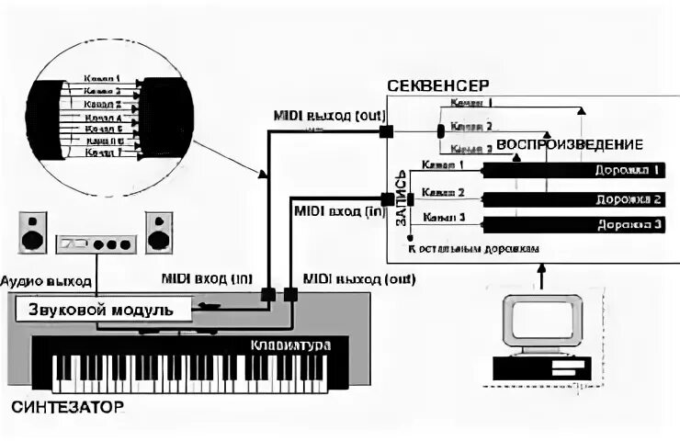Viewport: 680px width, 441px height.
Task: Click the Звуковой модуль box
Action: (102, 310)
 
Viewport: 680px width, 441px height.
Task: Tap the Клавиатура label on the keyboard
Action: (289, 345)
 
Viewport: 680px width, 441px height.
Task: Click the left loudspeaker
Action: (34, 232)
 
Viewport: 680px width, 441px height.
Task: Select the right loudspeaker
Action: (158, 232)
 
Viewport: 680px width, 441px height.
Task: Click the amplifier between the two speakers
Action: (96, 244)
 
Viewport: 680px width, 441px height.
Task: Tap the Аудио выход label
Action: (46, 279)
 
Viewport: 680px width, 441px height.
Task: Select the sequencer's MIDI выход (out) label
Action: (330, 115)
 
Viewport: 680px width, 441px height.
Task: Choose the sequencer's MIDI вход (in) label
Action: (337, 210)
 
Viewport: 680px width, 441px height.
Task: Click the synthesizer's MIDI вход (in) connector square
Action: (267, 295)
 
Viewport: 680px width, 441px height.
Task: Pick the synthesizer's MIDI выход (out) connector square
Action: (290, 295)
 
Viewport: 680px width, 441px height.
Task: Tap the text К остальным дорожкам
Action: (474, 248)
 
